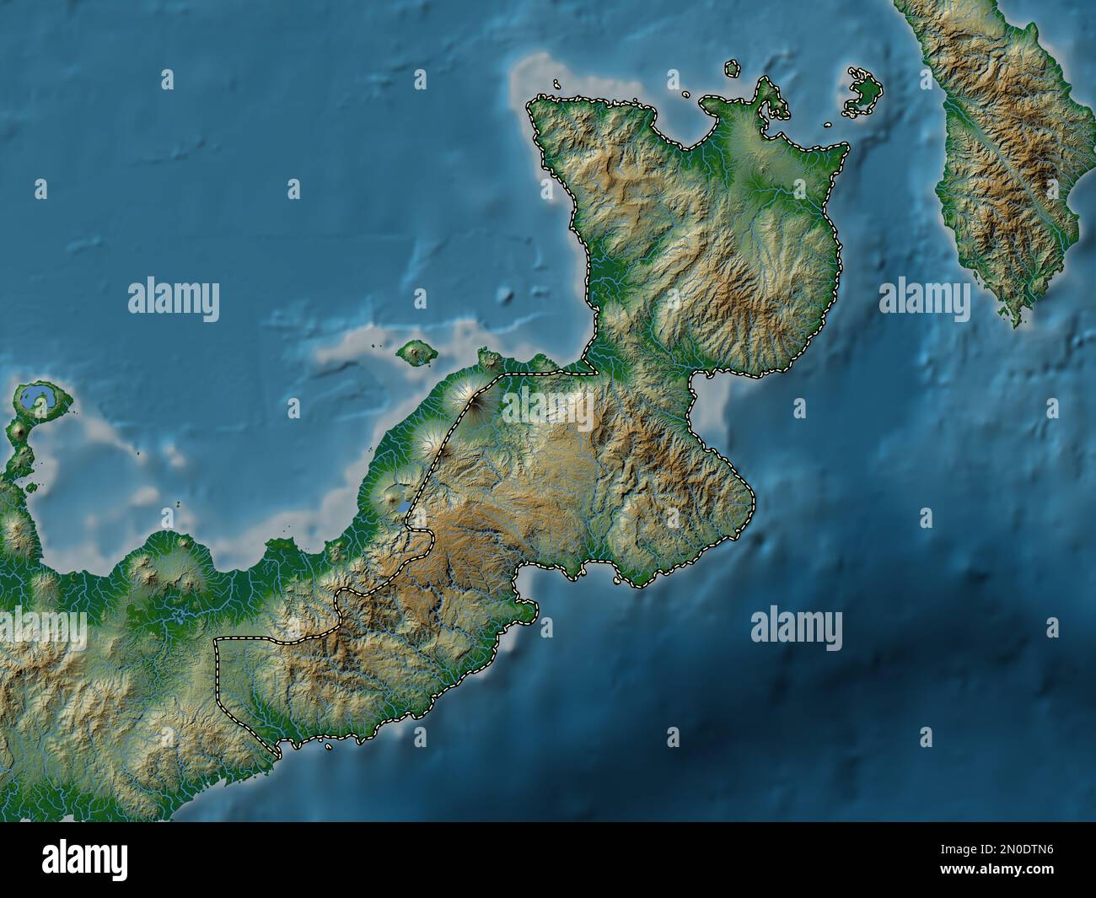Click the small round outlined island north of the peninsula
tap(732, 68)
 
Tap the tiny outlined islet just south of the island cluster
tap(830, 124)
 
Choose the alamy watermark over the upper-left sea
tap(174, 298)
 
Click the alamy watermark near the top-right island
tap(924, 298)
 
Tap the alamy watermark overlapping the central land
tap(548, 402)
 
